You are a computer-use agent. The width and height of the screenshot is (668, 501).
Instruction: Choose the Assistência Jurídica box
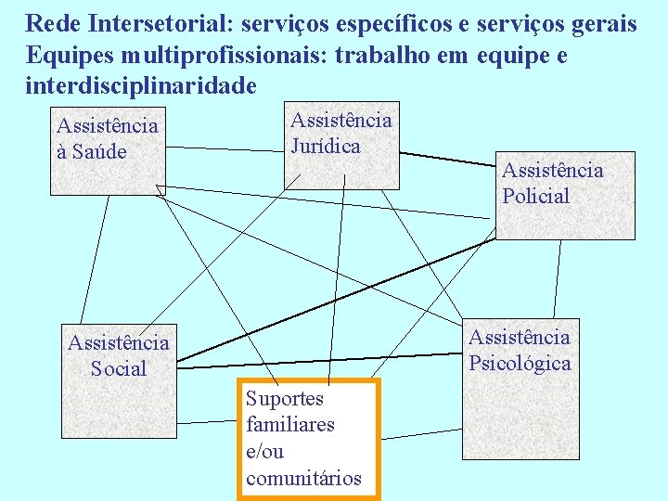341,143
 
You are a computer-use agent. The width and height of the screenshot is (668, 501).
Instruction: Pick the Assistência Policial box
565,195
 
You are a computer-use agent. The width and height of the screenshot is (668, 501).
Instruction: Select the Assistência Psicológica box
520,389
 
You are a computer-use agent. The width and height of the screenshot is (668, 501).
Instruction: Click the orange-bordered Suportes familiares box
309,439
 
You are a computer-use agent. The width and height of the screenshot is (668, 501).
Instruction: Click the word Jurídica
326,146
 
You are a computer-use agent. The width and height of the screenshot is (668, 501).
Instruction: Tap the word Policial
536,196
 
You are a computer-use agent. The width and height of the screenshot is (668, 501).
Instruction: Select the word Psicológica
520,363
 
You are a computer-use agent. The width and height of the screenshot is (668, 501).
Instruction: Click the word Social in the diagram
119,368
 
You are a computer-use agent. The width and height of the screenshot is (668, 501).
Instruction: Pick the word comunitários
303,479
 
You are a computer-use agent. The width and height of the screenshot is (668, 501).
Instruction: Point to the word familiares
290,425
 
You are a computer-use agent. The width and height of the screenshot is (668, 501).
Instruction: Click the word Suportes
285,399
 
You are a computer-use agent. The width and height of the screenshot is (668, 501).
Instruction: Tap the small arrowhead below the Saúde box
160,191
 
